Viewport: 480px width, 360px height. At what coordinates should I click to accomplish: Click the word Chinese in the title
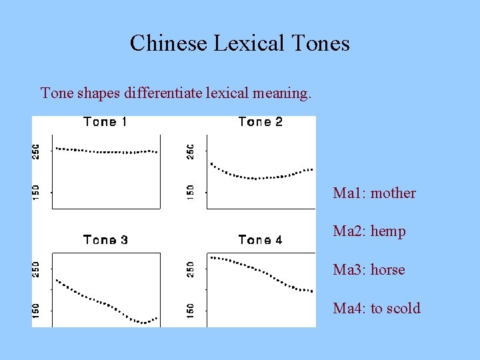(168, 43)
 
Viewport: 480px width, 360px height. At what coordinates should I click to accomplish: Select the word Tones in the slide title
(321, 43)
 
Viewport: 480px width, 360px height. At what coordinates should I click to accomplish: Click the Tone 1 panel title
(105, 122)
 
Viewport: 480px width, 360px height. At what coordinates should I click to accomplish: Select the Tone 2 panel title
(260, 122)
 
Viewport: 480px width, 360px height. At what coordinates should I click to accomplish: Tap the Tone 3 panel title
(105, 240)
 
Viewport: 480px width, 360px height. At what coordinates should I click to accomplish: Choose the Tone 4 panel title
(260, 240)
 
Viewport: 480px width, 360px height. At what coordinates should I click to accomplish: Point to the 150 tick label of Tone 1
(37, 192)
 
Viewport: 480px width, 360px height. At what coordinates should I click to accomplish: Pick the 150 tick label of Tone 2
(191, 192)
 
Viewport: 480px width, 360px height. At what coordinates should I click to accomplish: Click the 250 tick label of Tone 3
(37, 269)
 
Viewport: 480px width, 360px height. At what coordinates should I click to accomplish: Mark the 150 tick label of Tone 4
(191, 309)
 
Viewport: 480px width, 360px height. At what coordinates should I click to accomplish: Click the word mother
(393, 193)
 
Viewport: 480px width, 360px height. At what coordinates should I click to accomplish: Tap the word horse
(388, 270)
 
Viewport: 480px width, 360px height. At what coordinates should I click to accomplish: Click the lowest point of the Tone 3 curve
(142, 323)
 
